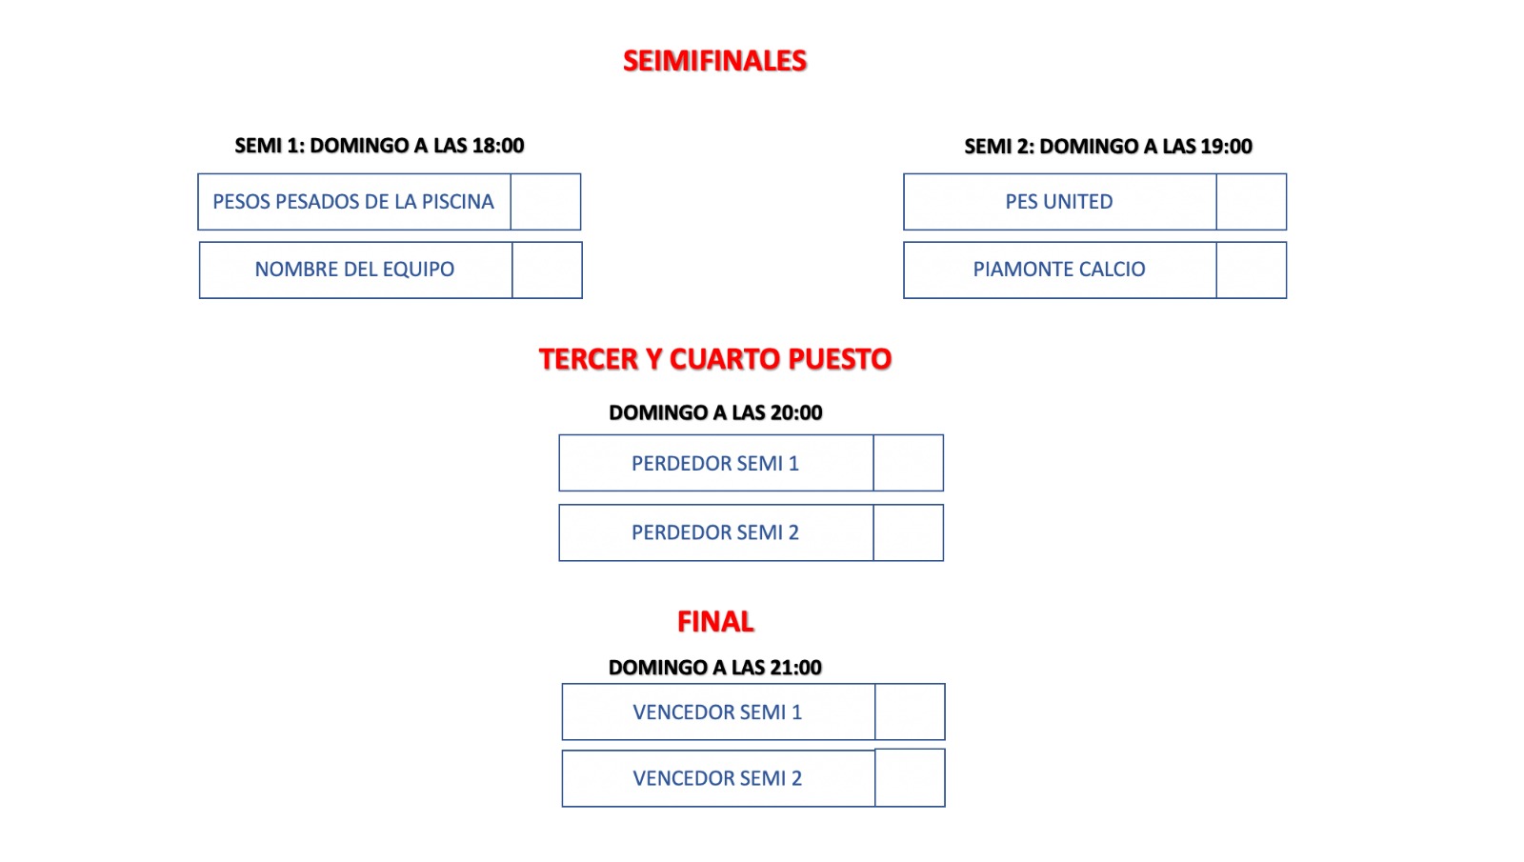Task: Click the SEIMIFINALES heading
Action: [714, 61]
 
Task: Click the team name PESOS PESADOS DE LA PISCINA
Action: [353, 202]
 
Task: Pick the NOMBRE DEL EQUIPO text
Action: [354, 270]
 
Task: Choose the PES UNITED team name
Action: [1059, 202]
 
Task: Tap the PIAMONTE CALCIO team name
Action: [1059, 270]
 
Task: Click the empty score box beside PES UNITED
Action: [1252, 202]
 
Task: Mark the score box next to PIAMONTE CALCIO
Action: [1252, 271]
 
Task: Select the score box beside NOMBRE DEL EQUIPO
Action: [547, 271]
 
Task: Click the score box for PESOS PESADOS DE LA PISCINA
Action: [546, 202]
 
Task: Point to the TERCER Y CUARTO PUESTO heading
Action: [715, 359]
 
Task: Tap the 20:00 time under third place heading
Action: [796, 413]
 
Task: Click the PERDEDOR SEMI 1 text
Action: [715, 463]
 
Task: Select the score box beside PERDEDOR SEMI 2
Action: [909, 532]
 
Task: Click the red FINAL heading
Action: [715, 622]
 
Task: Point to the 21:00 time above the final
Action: [796, 668]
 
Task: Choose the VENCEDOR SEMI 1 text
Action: [717, 712]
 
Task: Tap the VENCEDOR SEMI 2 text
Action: [717, 778]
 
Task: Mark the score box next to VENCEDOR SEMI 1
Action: [910, 712]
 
